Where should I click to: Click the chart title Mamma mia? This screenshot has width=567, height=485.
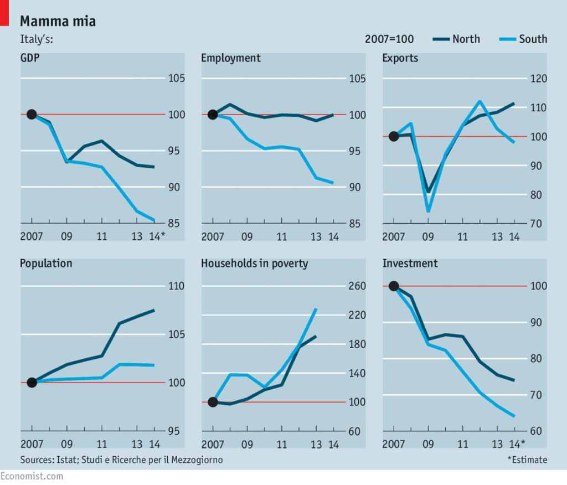coord(58,22)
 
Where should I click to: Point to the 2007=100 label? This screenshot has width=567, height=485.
coord(389,39)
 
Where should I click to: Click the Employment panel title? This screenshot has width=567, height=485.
coord(230,58)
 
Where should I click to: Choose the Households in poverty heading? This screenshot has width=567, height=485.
coord(254,264)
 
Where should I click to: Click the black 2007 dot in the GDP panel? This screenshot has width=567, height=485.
coord(32,115)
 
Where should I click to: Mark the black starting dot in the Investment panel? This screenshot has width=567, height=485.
coord(394,286)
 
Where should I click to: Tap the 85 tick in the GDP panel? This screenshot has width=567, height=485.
coord(175,224)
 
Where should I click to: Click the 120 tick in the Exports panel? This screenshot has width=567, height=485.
coord(538,79)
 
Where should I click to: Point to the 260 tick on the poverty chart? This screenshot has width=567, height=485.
coord(357,287)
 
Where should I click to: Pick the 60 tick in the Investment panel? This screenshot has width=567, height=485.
coord(538,431)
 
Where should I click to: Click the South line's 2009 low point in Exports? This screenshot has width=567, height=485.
coord(428,211)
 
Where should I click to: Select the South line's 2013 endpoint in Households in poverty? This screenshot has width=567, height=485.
coord(316,309)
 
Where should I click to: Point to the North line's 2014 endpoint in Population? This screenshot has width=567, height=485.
coord(153,310)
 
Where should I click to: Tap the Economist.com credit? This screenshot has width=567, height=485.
coord(32,476)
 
